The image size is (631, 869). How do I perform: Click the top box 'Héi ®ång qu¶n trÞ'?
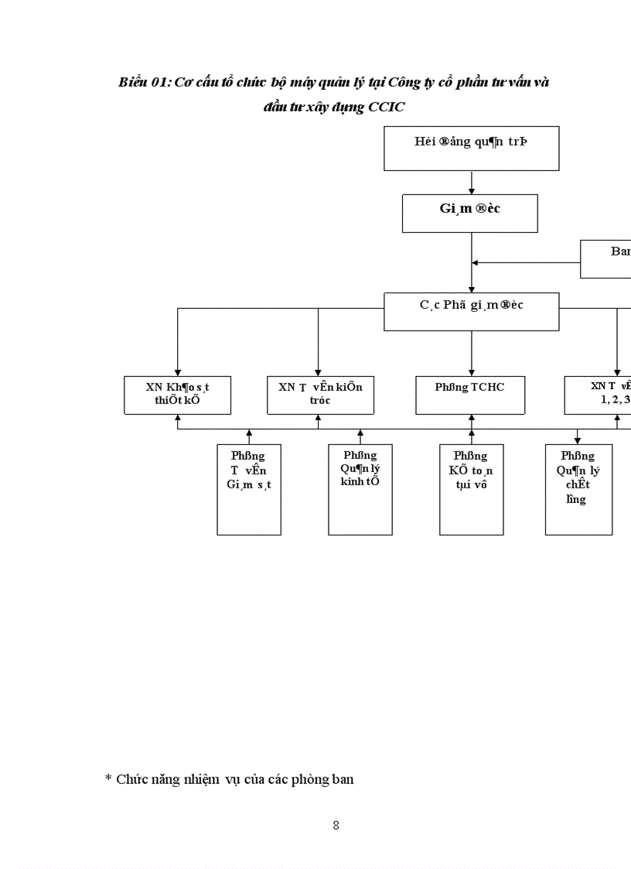point(471,149)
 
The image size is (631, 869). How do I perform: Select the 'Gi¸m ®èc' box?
point(469,213)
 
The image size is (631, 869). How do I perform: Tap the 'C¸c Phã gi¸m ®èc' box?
point(471,311)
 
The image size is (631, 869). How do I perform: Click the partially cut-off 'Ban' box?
point(606,258)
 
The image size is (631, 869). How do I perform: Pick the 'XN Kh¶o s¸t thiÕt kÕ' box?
point(177,395)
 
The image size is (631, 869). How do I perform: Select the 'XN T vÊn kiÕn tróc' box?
point(320,395)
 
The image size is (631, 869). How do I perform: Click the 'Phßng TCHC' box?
point(471,395)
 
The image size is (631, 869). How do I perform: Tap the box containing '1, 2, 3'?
point(599,395)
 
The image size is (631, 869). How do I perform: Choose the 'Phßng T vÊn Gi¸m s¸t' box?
point(249,489)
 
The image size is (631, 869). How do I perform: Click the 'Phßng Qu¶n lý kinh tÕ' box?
point(360,489)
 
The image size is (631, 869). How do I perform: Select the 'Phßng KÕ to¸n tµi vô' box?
point(471,489)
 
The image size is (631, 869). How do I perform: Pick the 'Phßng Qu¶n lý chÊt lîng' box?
point(578,489)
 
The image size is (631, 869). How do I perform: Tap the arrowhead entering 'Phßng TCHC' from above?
point(472,371)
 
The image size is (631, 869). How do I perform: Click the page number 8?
point(336,825)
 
